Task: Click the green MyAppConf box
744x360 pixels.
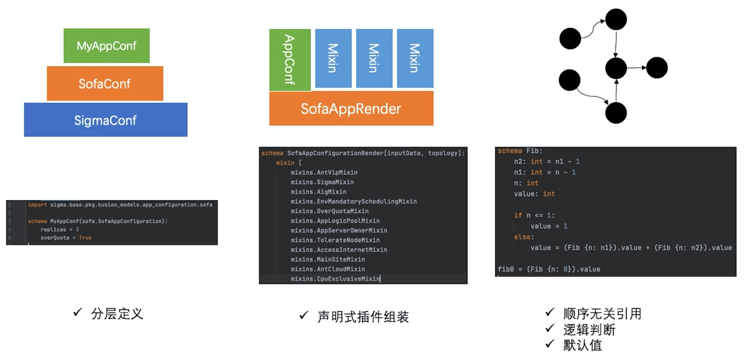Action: (106, 46)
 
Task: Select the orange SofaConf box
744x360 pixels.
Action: (105, 84)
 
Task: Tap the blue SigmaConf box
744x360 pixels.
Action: (105, 120)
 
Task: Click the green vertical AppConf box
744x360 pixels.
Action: (290, 60)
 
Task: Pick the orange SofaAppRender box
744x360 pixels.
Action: (351, 108)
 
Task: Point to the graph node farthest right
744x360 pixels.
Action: (657, 68)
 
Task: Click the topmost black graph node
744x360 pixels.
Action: (616, 19)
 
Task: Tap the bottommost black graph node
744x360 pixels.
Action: (616, 113)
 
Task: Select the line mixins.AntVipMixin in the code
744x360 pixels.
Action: (324, 172)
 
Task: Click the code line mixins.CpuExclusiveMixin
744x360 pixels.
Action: (335, 279)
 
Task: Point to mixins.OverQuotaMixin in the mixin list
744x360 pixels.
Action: (329, 211)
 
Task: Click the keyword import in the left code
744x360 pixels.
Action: (37, 205)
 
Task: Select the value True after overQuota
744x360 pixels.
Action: (85, 238)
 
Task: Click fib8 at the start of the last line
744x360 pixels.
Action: (505, 269)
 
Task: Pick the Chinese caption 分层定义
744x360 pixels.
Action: (117, 314)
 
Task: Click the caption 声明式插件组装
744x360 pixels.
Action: (363, 316)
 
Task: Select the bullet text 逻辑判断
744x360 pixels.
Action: (589, 330)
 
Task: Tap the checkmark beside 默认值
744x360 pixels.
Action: (550, 344)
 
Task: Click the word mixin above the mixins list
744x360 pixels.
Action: (285, 163)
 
